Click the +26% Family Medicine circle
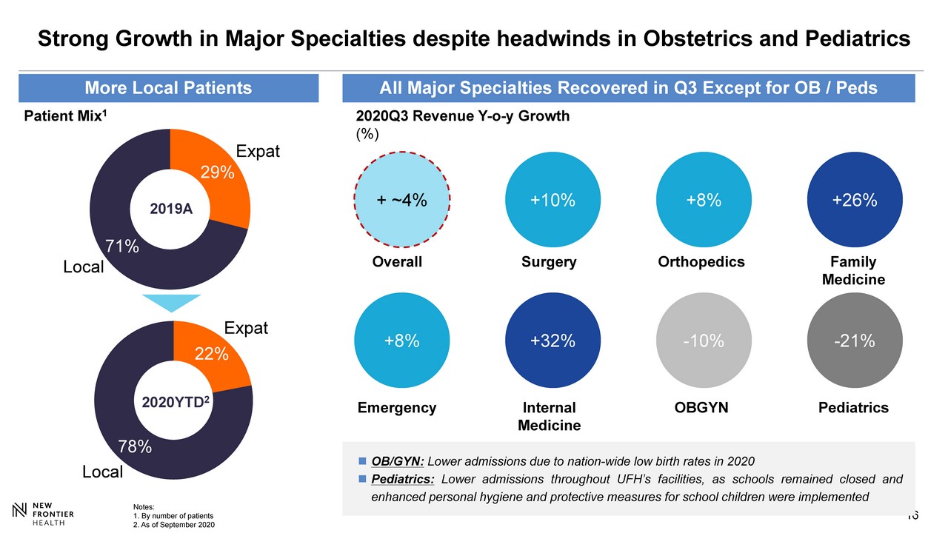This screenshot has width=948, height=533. [854, 201]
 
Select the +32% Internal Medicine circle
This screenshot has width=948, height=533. [552, 341]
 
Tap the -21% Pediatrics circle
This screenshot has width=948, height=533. [854, 341]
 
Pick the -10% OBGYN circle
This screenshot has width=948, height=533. [703, 341]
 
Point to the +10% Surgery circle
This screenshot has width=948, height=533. [552, 201]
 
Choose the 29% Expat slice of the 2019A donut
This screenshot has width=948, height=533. [215, 178]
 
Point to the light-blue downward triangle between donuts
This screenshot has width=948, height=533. [170, 302]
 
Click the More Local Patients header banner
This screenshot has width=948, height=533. [168, 89]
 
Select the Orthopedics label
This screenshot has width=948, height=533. [701, 262]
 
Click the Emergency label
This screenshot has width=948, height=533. [397, 408]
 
